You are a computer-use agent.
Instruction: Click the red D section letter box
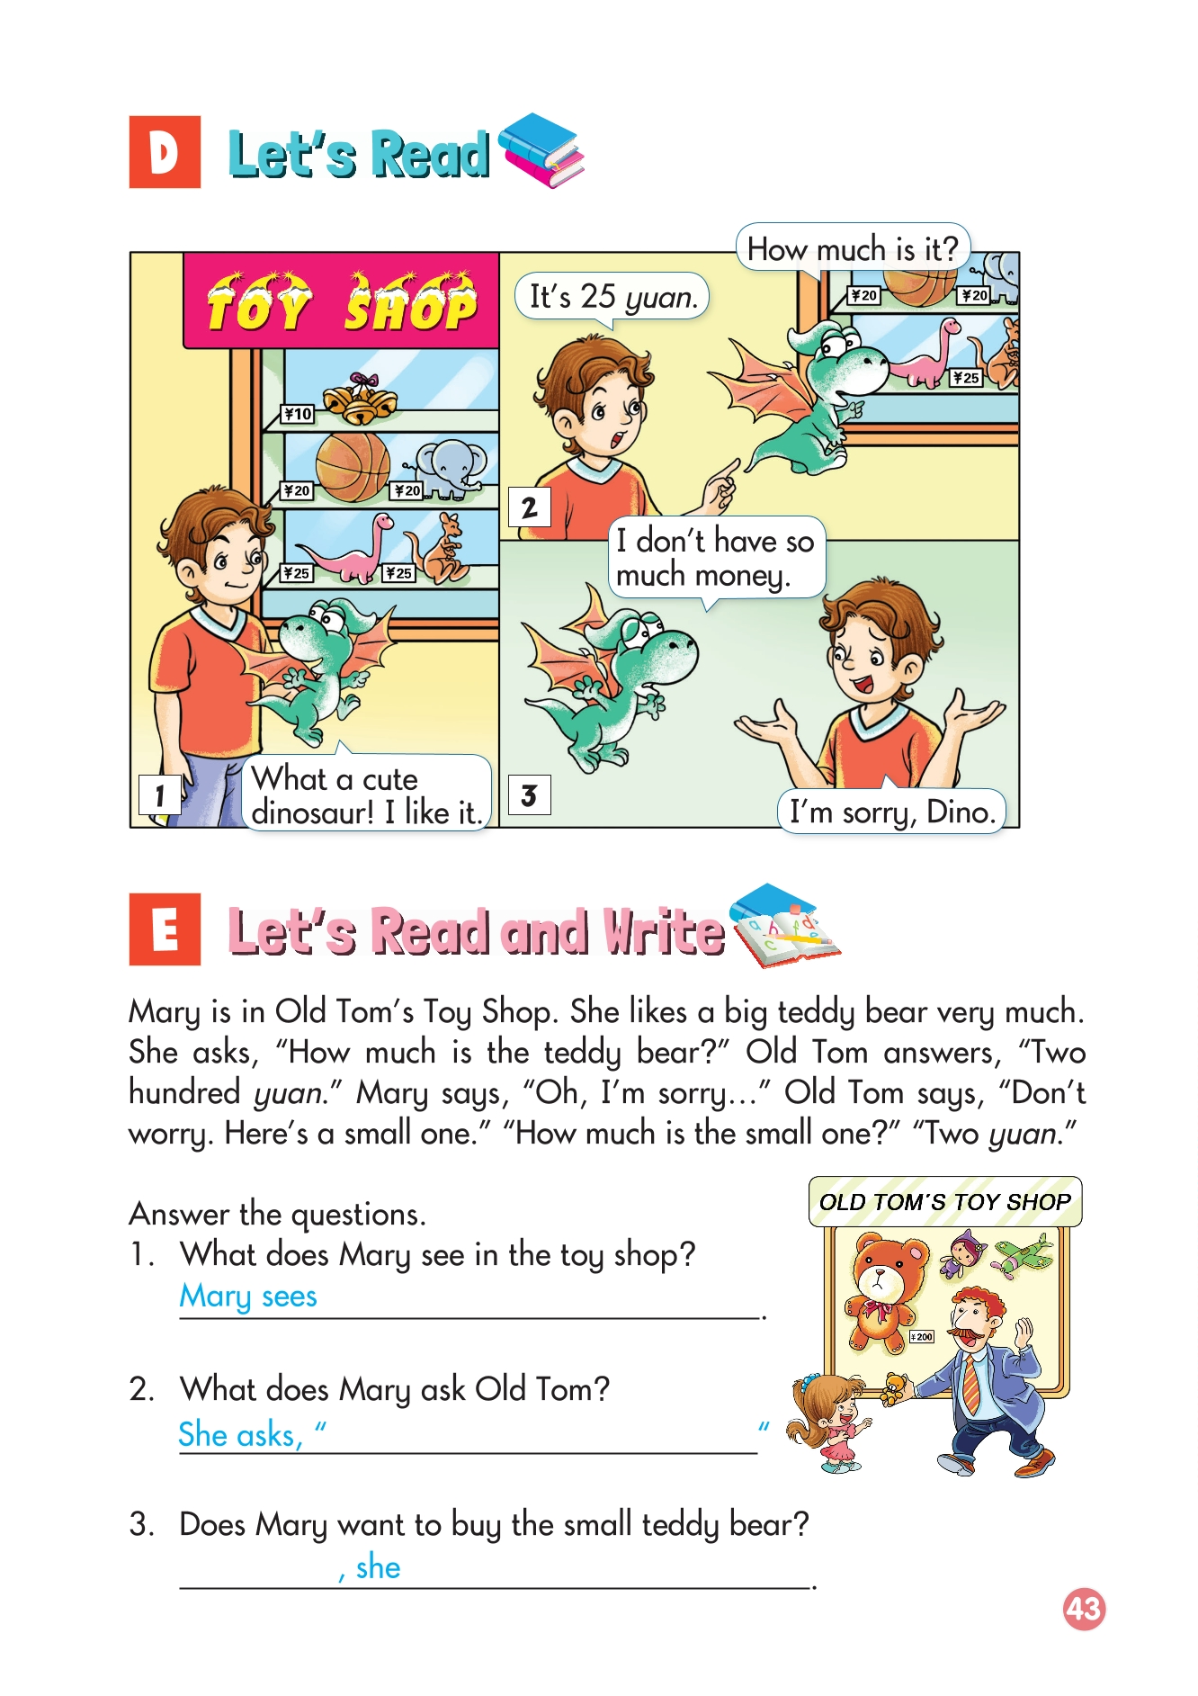tap(165, 152)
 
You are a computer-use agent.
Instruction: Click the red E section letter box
tap(165, 929)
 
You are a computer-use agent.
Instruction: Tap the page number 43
tap(1084, 1608)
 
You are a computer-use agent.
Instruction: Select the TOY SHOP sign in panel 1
tap(341, 301)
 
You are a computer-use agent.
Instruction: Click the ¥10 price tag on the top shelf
tap(298, 414)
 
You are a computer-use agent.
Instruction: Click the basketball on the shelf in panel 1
tap(353, 466)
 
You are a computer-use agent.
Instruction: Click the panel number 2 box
tap(529, 508)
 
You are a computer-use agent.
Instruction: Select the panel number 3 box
tap(529, 795)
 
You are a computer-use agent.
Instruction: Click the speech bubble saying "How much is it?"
tap(853, 248)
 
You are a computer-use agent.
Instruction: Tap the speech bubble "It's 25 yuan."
tap(612, 297)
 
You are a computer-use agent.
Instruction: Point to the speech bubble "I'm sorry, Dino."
tap(892, 812)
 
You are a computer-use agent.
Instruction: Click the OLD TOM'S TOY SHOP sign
tap(945, 1202)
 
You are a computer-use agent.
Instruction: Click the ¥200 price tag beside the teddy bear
tap(922, 1337)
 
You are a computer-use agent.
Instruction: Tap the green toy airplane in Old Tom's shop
tap(1024, 1254)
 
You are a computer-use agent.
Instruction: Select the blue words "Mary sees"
tap(248, 1297)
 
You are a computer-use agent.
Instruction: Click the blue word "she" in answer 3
tap(378, 1567)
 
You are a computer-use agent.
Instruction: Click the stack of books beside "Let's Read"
tap(541, 150)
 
